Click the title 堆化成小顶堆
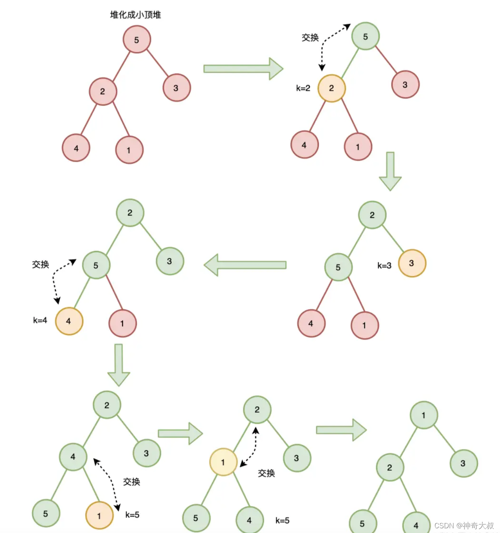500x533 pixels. coord(135,15)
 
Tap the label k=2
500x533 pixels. coord(303,88)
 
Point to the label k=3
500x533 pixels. coord(384,266)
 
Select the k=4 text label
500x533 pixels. coord(40,320)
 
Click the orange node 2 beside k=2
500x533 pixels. coord(331,88)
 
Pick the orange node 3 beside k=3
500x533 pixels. coord(412,263)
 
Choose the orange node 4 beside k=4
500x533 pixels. coord(69,321)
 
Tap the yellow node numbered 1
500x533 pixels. coord(223,462)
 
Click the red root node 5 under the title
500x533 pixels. coord(136,40)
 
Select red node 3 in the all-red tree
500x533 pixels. coord(176,88)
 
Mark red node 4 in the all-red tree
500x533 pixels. coord(76,148)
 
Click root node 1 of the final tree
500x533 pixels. coord(423,415)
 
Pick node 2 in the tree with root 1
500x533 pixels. coord(390,467)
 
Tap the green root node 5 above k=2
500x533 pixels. coord(365,37)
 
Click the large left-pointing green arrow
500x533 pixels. coord(245,265)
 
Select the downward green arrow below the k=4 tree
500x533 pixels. coord(118,365)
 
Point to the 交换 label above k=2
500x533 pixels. coord(310,38)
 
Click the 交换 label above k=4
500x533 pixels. coord(40,265)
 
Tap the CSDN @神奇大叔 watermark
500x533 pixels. coord(464,526)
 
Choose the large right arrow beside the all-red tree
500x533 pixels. coord(243,69)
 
